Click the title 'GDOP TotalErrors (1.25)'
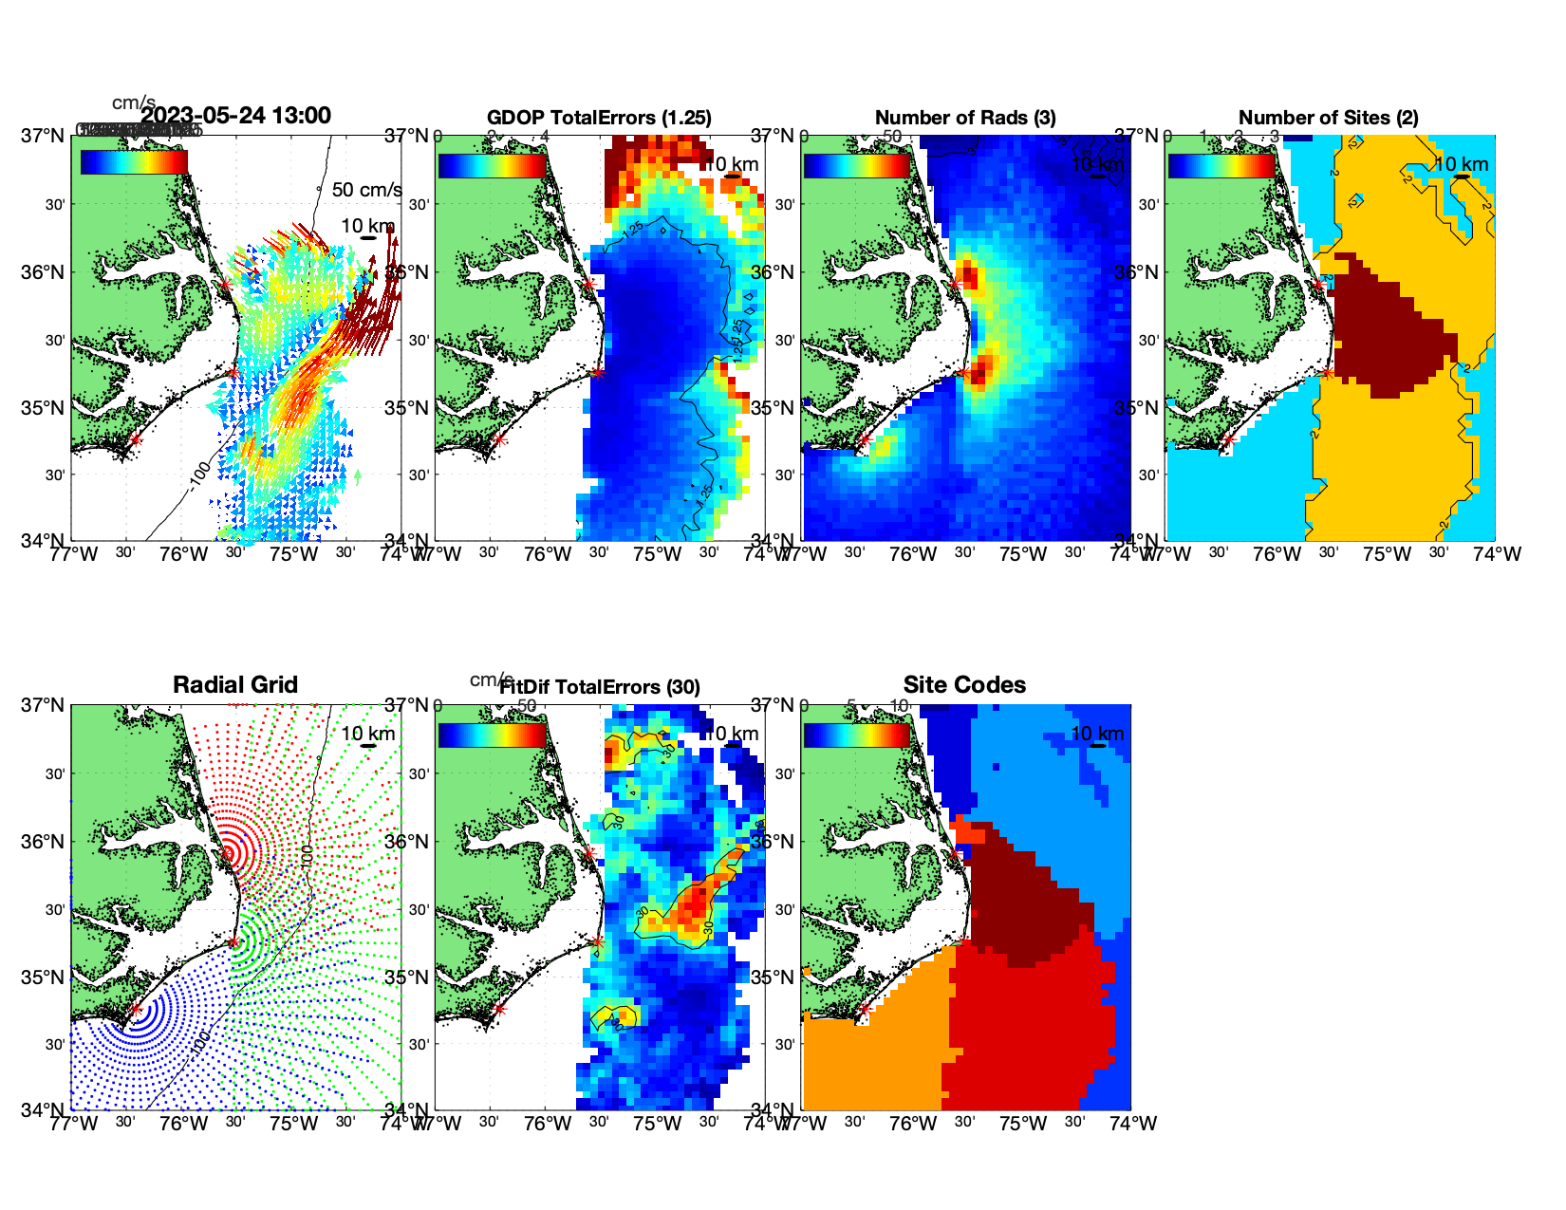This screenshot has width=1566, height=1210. click(x=599, y=118)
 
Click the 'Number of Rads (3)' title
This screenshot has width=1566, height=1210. click(x=965, y=118)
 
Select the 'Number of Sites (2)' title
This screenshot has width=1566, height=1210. click(x=1328, y=118)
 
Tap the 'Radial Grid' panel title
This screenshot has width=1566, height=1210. click(x=235, y=685)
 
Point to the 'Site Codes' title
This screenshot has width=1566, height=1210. click(x=964, y=685)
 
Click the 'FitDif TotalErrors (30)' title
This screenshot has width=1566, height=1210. click(x=600, y=687)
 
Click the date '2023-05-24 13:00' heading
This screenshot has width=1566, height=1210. click(x=235, y=116)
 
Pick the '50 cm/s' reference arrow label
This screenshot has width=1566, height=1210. click(x=366, y=190)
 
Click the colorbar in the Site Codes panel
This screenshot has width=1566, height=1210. click(x=856, y=735)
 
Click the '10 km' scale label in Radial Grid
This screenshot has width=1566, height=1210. click(x=368, y=734)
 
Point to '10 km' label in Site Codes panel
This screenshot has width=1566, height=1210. click(x=1097, y=734)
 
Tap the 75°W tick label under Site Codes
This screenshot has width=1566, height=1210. click(x=1023, y=1124)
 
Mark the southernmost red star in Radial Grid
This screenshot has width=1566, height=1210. click(x=135, y=1010)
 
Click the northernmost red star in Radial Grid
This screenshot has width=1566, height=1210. click(x=226, y=854)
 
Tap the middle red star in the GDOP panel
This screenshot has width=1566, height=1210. click(x=596, y=372)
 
